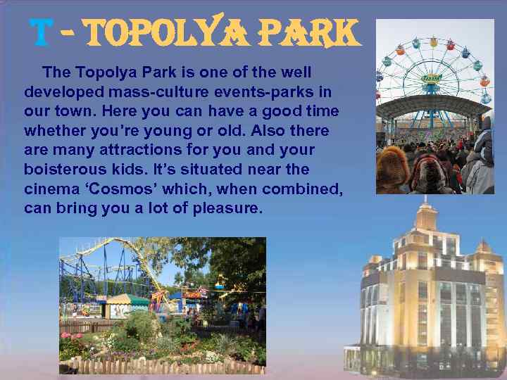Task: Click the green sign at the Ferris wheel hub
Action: click(x=430, y=79)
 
